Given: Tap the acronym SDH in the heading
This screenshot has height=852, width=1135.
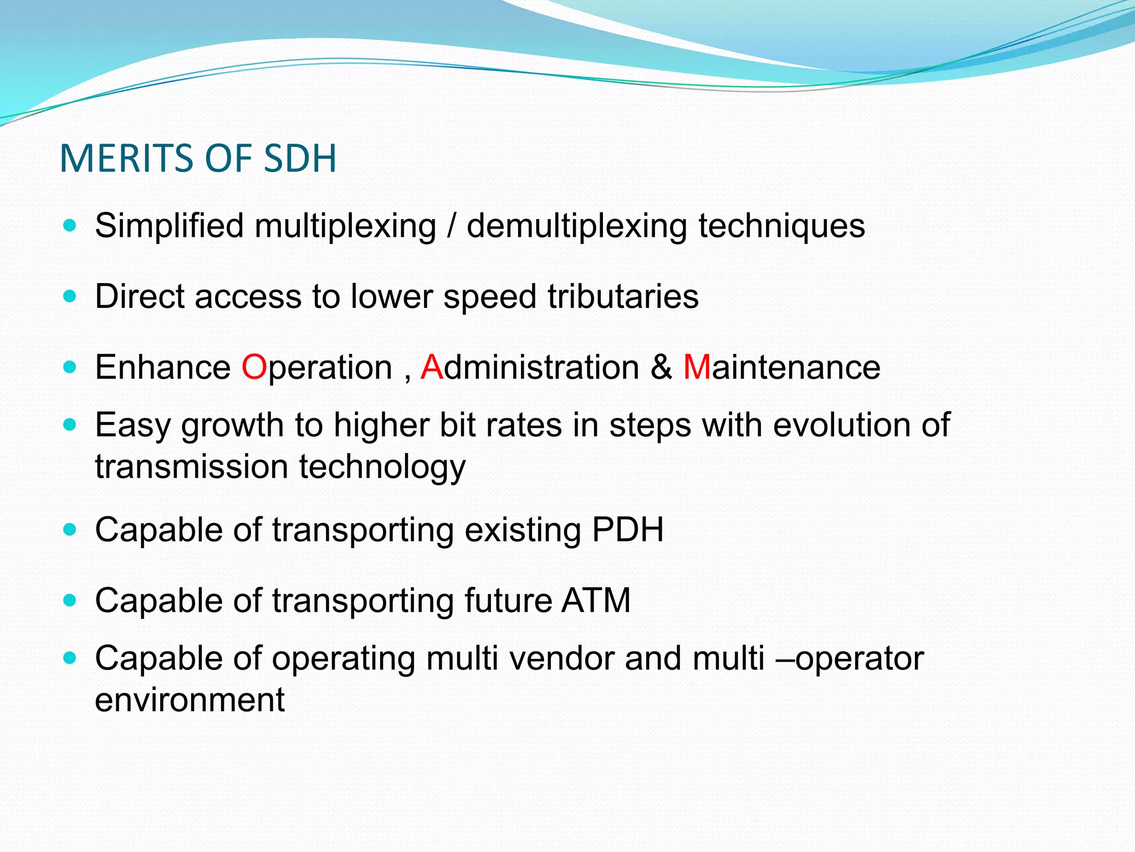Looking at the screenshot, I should (300, 159).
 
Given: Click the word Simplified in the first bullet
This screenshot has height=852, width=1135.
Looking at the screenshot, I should (169, 226).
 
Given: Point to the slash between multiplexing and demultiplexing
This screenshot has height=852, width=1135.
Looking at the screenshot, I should (452, 226).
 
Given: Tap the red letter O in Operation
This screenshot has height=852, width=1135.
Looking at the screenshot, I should (254, 367).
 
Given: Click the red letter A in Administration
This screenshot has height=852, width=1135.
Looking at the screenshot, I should (432, 367).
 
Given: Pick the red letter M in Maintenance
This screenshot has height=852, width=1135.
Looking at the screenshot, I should (697, 367).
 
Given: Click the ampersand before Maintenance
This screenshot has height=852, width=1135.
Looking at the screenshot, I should (661, 367).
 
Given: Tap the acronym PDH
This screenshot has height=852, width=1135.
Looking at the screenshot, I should (627, 530).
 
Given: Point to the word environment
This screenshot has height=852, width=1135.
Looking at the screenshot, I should (190, 700).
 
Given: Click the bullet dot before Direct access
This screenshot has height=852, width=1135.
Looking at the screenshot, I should (69, 296).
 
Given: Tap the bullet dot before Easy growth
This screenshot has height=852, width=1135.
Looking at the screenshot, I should (69, 425).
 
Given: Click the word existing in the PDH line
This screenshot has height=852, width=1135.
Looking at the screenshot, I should (523, 530).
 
